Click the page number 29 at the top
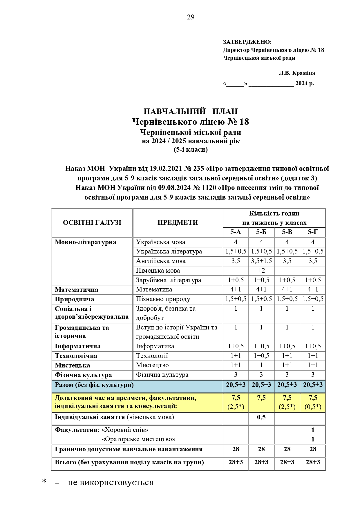point(191,17)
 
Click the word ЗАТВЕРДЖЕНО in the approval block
point(247,42)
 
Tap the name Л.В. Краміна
point(297,73)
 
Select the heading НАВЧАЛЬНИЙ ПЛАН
point(191,111)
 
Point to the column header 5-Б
point(261,232)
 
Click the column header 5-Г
point(313,232)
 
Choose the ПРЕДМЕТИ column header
point(178,223)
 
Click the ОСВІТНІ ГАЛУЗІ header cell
point(92,223)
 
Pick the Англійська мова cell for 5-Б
point(261,261)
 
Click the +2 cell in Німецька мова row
point(261,271)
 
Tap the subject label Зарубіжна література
point(168,280)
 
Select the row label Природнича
point(74,299)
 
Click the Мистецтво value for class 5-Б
point(261,365)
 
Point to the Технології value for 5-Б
point(261,356)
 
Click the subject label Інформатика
point(155,346)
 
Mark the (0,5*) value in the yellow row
point(313,407)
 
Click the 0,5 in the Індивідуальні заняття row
point(261,417)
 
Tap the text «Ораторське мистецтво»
point(138,439)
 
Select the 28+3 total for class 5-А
point(236,462)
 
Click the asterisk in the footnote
point(44,482)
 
